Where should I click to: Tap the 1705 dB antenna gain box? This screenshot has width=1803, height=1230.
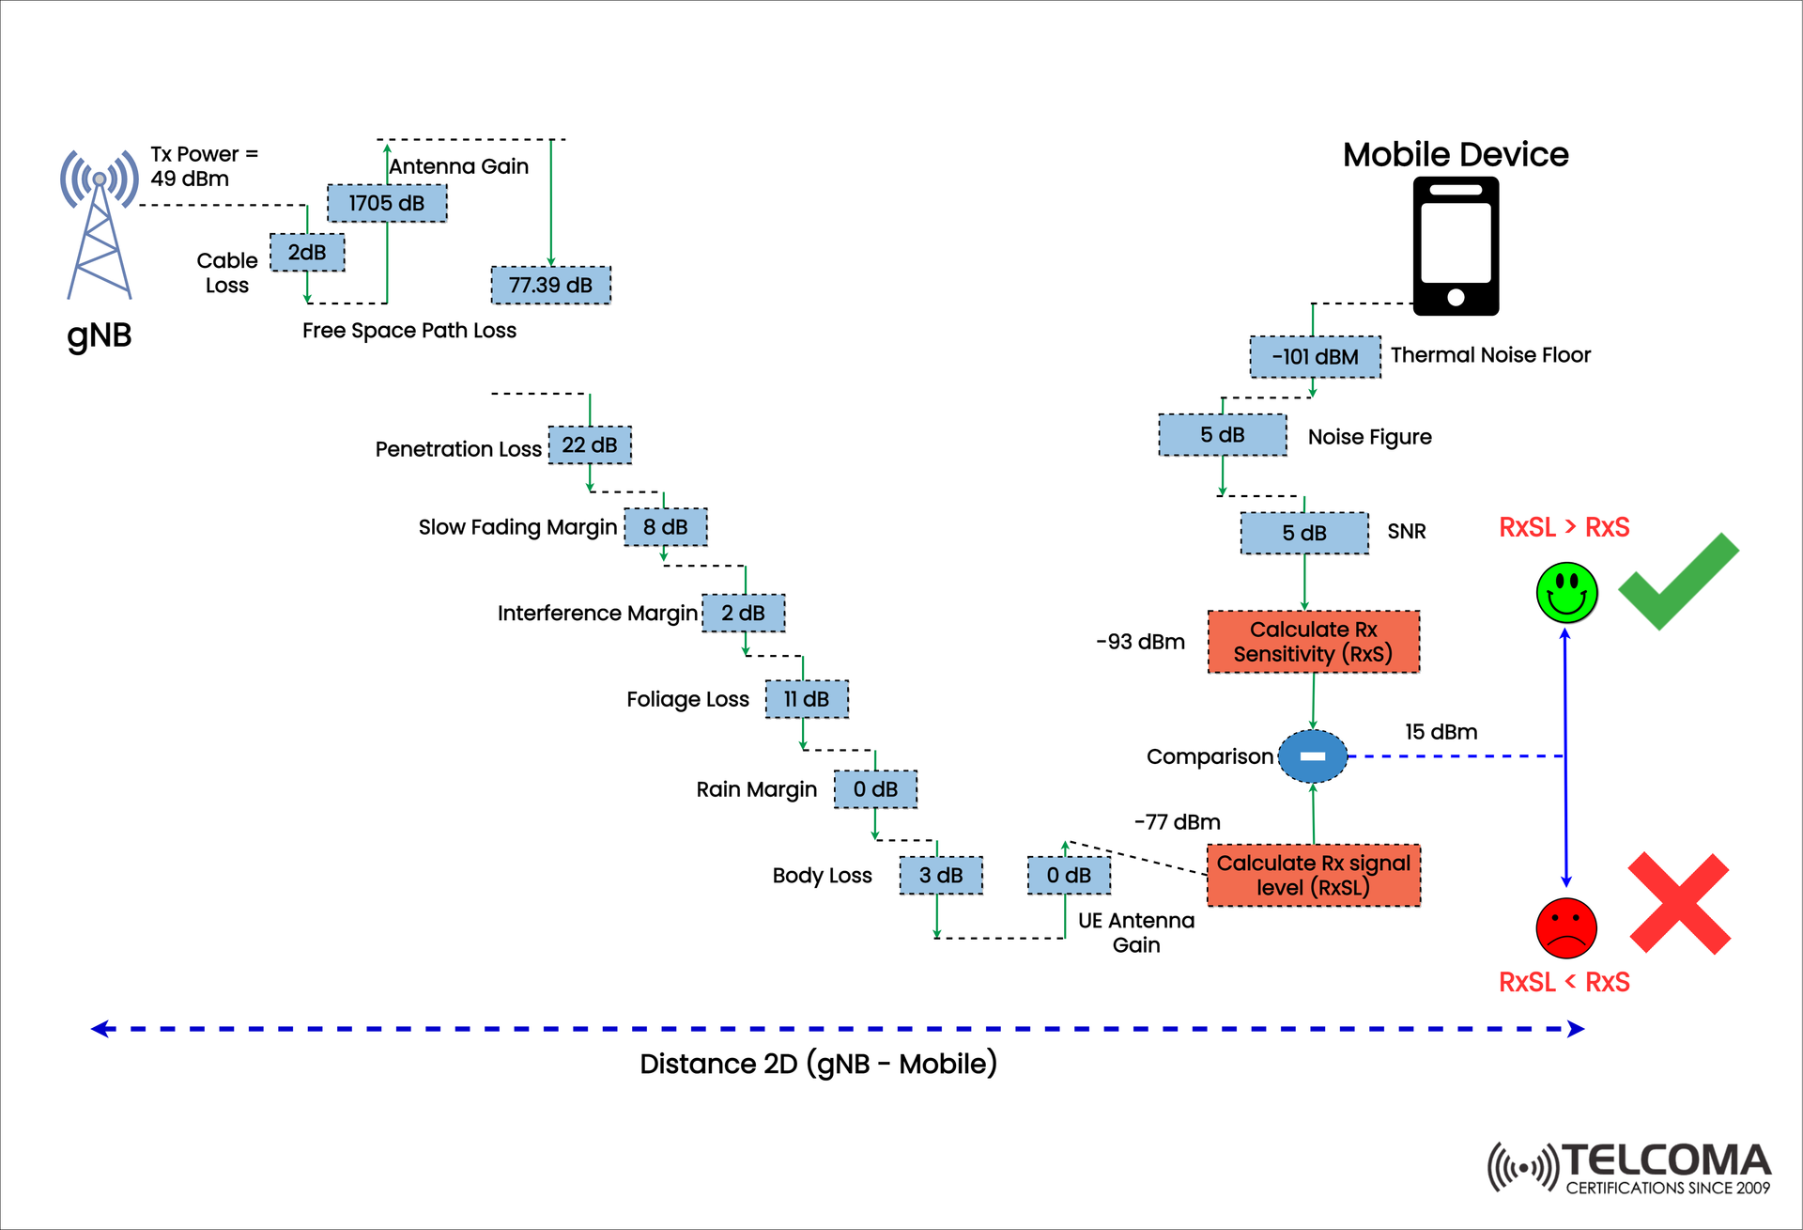click(387, 203)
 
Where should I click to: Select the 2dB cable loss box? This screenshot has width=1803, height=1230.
click(307, 252)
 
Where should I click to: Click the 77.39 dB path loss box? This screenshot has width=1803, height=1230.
click(551, 285)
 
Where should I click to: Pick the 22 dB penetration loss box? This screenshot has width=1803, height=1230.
click(590, 444)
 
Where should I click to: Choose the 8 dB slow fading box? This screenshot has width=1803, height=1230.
click(666, 527)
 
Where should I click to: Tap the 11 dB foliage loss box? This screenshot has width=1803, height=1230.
click(807, 699)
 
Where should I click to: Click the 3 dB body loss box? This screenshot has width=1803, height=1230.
click(941, 875)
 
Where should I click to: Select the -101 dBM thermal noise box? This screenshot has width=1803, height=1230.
click(1315, 357)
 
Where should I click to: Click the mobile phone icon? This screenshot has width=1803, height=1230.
click(1456, 246)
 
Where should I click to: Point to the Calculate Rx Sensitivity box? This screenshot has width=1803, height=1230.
click(1313, 642)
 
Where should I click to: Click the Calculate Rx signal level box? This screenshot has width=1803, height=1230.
click(1313, 875)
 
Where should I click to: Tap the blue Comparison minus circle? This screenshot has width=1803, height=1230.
click(1313, 756)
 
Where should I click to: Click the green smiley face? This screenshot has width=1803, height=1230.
click(1566, 593)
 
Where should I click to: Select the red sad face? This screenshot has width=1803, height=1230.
click(1566, 927)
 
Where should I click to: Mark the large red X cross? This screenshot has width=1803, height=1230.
click(1679, 904)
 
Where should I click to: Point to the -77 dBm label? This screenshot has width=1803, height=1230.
click(1177, 822)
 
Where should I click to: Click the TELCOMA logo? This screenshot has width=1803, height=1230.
click(1629, 1168)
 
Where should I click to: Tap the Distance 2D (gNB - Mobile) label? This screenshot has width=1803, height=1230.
click(818, 1064)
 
